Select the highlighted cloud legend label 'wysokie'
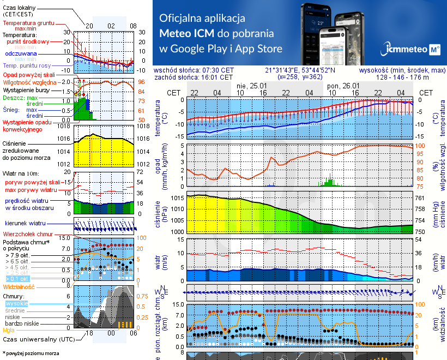pos(16,303)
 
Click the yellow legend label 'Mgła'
pos(9,330)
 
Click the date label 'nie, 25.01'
pos(251,86)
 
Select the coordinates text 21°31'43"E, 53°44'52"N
pos(300,70)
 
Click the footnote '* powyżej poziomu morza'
pos(31,353)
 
